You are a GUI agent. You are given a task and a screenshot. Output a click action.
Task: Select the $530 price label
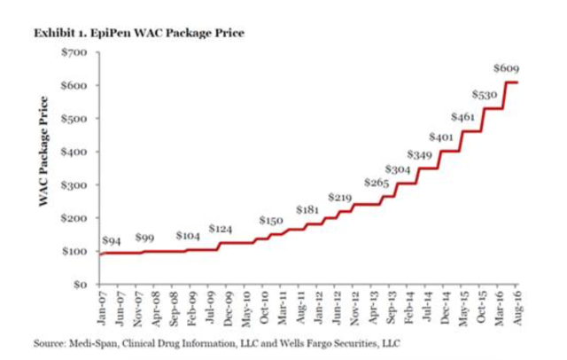[484, 94]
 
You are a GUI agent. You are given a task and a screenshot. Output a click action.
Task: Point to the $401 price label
[440, 137]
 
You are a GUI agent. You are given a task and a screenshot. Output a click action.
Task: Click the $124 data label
[221, 229]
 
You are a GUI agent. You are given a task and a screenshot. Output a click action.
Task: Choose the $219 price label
[340, 196]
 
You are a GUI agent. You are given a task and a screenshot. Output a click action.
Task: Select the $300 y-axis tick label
[74, 185]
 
